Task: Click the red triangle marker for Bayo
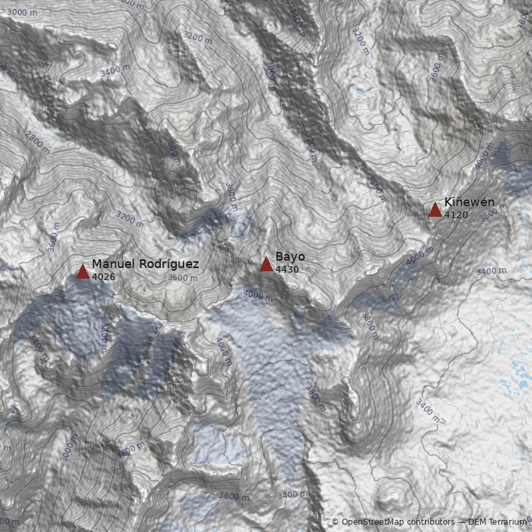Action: pyautogui.click(x=266, y=265)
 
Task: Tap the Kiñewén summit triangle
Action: pyautogui.click(x=435, y=210)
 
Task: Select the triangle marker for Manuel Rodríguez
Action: pyautogui.click(x=82, y=272)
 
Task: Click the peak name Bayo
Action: pyautogui.click(x=290, y=257)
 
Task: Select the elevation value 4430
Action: pyautogui.click(x=287, y=269)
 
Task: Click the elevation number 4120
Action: pyautogui.click(x=456, y=215)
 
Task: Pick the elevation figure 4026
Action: pyautogui.click(x=104, y=277)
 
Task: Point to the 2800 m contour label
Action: pyautogui.click(x=38, y=142)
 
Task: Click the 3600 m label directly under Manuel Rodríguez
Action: pyautogui.click(x=183, y=278)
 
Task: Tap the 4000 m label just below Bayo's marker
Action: pyautogui.click(x=258, y=295)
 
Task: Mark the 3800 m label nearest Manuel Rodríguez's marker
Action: pyautogui.click(x=104, y=337)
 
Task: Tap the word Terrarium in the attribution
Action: pyautogui.click(x=506, y=522)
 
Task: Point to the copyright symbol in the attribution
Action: pyautogui.click(x=335, y=522)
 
